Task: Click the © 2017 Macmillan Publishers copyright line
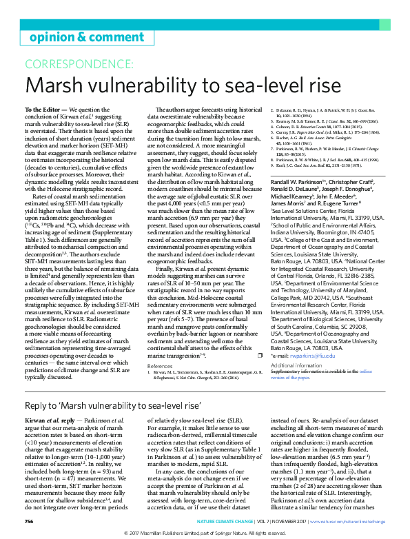[x=205, y=533]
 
